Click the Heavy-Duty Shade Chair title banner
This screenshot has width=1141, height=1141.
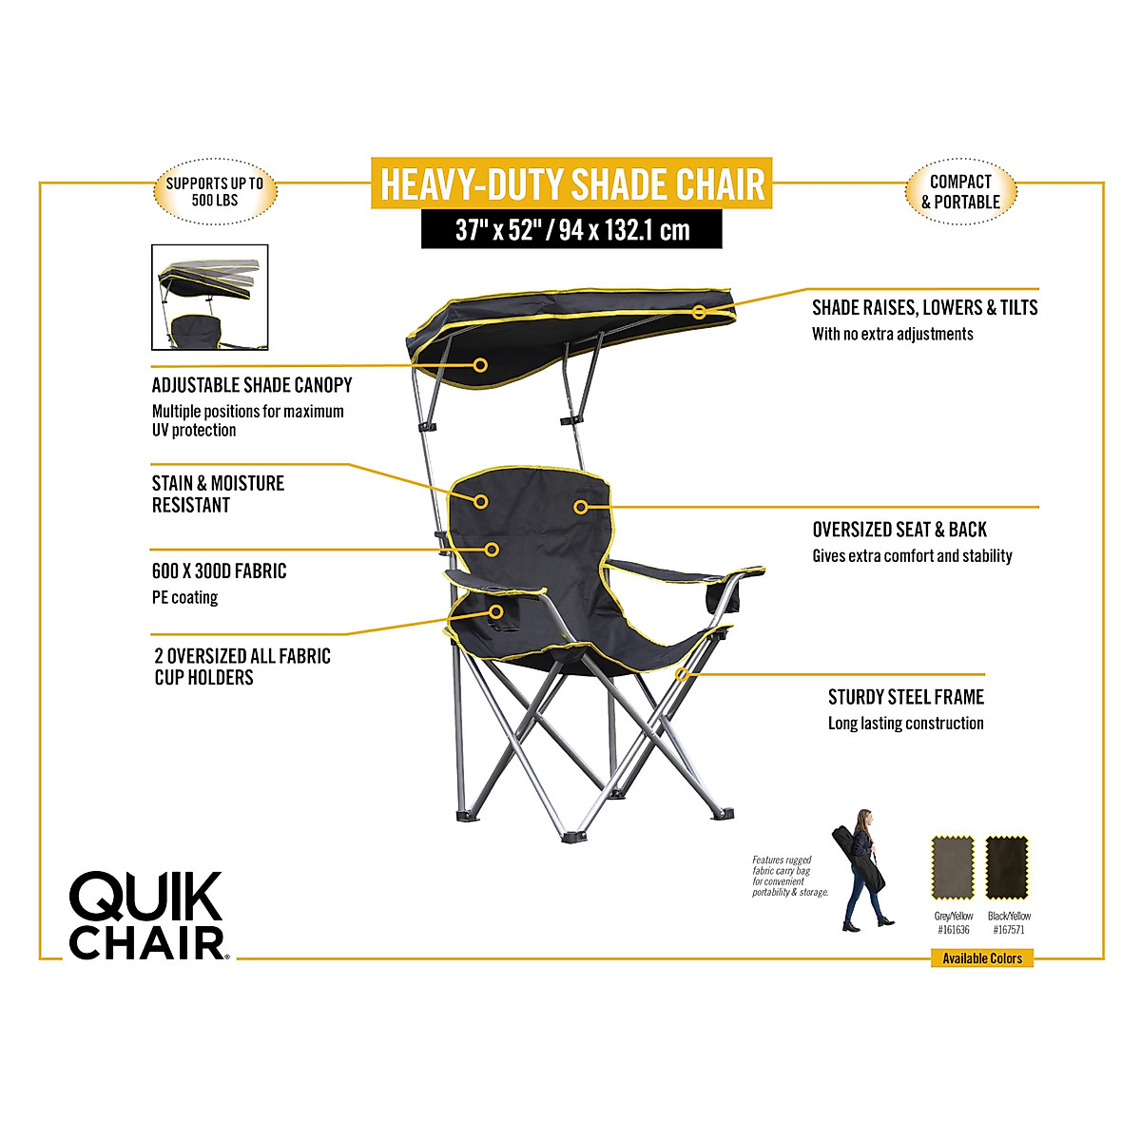pyautogui.click(x=571, y=184)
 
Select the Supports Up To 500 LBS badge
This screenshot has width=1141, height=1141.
pyautogui.click(x=215, y=191)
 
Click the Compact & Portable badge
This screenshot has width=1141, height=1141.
pyautogui.click(x=960, y=191)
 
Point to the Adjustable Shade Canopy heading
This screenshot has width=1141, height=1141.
pyautogui.click(x=252, y=385)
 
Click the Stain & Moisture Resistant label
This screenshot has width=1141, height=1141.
pyautogui.click(x=218, y=493)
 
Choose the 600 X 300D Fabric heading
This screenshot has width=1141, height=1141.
pyautogui.click(x=219, y=571)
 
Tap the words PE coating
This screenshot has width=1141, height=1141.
pyautogui.click(x=184, y=598)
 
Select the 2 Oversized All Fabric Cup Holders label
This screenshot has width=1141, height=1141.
pyautogui.click(x=242, y=667)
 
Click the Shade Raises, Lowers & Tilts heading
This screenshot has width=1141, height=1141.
pyautogui.click(x=924, y=307)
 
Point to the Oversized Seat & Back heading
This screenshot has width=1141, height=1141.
pyautogui.click(x=899, y=530)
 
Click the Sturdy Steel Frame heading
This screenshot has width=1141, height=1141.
pyautogui.click(x=905, y=697)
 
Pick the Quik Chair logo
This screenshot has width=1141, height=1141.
pyautogui.click(x=147, y=916)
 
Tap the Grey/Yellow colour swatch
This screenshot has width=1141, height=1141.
pyautogui.click(x=953, y=867)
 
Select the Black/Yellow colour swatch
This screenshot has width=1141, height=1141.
pyautogui.click(x=1008, y=867)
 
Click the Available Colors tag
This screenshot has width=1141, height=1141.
pyautogui.click(x=981, y=958)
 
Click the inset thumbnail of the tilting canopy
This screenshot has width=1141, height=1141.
pyautogui.click(x=210, y=298)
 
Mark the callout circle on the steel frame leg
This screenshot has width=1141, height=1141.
pyautogui.click(x=682, y=674)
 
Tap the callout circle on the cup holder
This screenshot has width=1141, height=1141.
pyautogui.click(x=496, y=611)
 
